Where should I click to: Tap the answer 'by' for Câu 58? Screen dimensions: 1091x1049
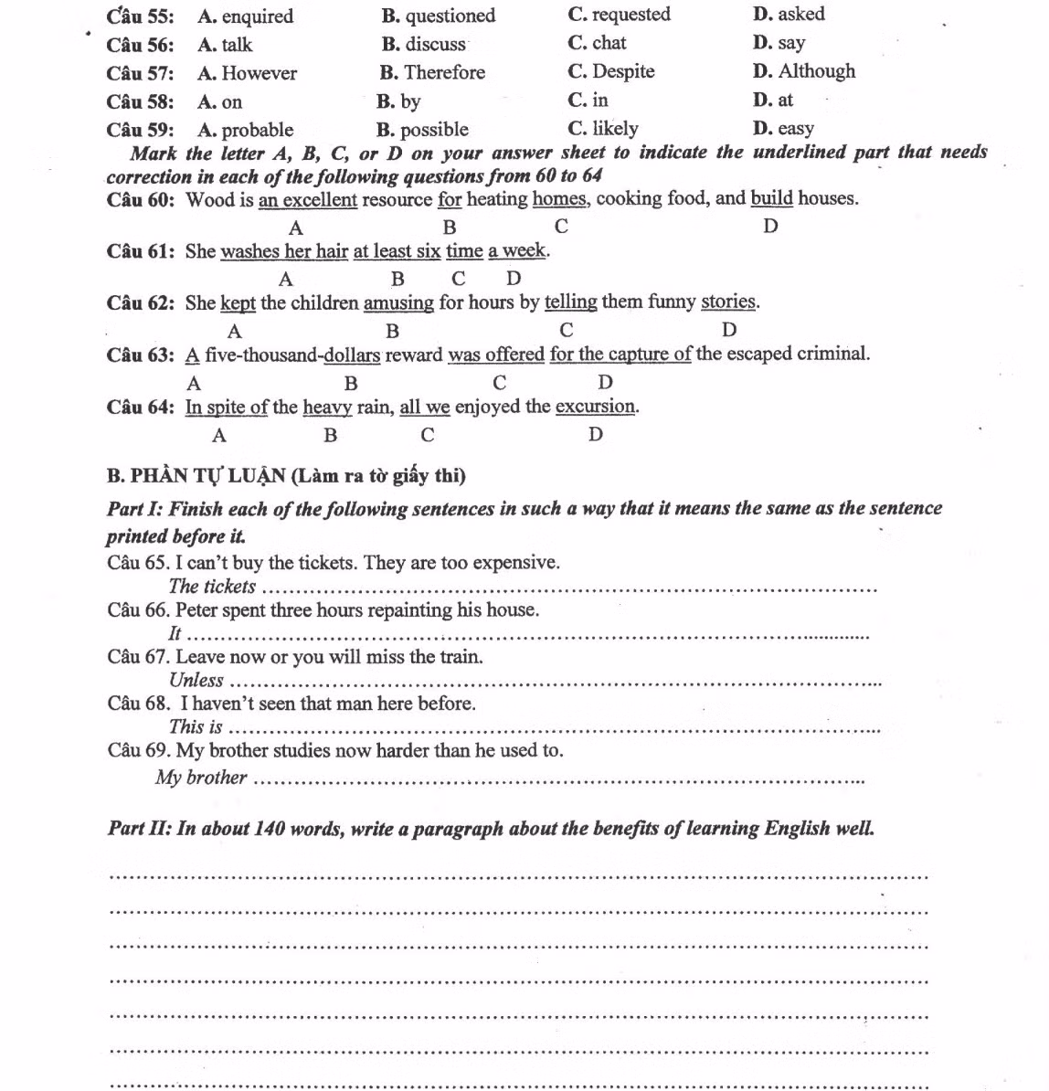pos(410,101)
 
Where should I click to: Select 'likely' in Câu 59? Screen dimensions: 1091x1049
pos(615,129)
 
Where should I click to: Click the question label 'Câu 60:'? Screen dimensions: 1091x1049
pos(140,199)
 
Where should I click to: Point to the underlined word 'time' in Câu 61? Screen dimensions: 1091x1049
pos(464,251)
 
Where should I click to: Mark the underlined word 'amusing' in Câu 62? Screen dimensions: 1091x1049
pos(398,302)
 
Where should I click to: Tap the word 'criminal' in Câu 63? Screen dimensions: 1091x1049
pos(832,354)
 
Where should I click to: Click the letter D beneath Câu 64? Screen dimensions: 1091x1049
pos(596,435)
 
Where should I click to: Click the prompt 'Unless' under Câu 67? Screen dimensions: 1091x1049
pos(196,680)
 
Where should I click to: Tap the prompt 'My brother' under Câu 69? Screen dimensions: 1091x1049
pos(201,778)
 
